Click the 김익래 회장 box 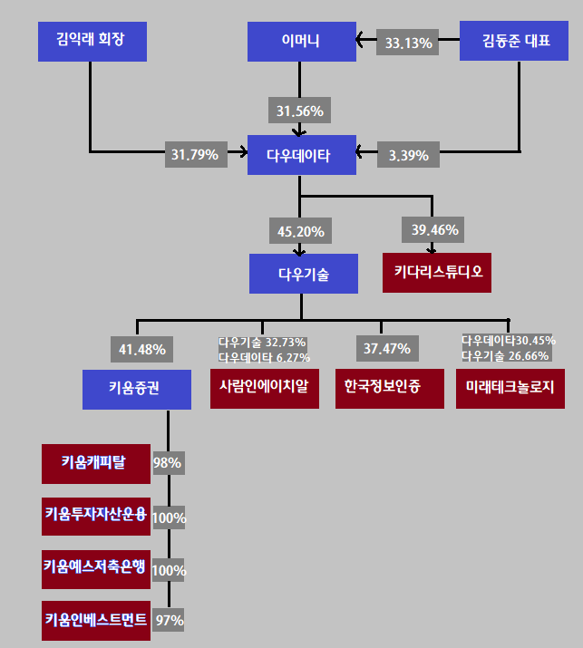92,41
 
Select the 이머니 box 301,41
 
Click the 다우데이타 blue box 302,155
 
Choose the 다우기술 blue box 304,273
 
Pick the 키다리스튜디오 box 436,273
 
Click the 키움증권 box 137,389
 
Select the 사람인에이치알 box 264,388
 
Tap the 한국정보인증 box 383,388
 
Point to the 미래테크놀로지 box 510,388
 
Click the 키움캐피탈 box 95,463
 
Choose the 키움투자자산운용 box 95,517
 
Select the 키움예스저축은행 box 95,568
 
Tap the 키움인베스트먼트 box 95,621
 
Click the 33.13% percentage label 409,42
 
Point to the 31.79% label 194,155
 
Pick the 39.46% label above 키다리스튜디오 435,229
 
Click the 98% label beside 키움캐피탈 168,463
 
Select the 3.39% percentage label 408,155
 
